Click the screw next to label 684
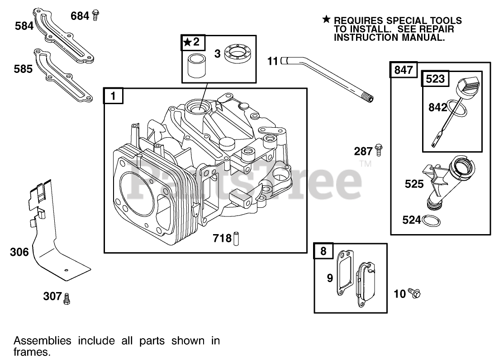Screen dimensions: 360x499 pyautogui.click(x=95, y=15)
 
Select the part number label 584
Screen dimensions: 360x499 pyautogui.click(x=24, y=26)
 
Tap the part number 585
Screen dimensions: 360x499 pyautogui.click(x=23, y=69)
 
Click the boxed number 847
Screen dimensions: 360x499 pyautogui.click(x=403, y=70)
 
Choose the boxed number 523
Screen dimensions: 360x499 pyautogui.click(x=435, y=79)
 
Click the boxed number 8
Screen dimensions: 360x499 pyautogui.click(x=323, y=251)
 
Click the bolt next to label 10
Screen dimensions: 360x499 pyautogui.click(x=413, y=293)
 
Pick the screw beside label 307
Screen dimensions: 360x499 pyautogui.click(x=67, y=298)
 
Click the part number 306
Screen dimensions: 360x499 pyautogui.click(x=19, y=252)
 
